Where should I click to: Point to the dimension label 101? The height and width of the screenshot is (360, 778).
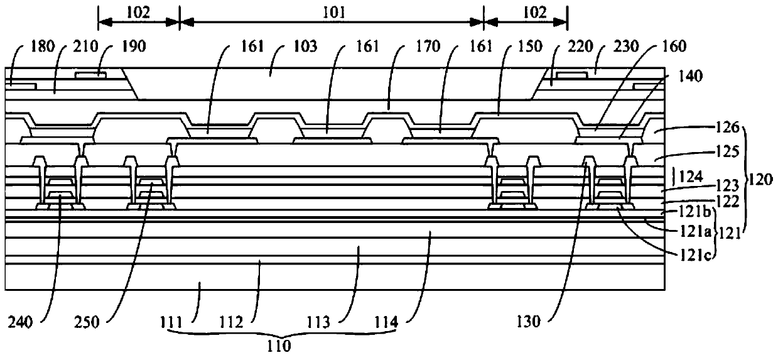point(332,11)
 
